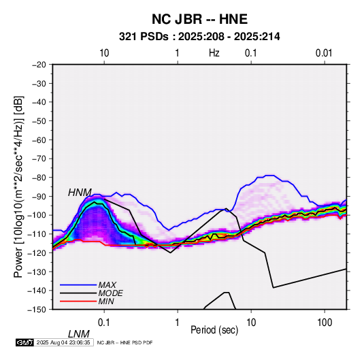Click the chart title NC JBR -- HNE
click(199, 19)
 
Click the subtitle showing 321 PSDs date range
click(199, 37)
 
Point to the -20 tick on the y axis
click(39, 65)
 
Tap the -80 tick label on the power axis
click(39, 178)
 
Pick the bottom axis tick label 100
click(325, 323)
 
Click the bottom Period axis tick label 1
click(178, 323)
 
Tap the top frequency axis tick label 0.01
click(324, 53)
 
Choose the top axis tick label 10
click(104, 53)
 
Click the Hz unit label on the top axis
click(214, 53)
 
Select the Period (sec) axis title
click(214, 330)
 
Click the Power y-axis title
click(18, 187)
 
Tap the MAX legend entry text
click(107, 285)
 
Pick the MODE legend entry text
click(110, 293)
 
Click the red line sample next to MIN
click(78, 301)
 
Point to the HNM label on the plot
click(80, 193)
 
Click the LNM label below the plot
click(79, 334)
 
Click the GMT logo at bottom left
click(25, 342)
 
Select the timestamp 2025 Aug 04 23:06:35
click(63, 342)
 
